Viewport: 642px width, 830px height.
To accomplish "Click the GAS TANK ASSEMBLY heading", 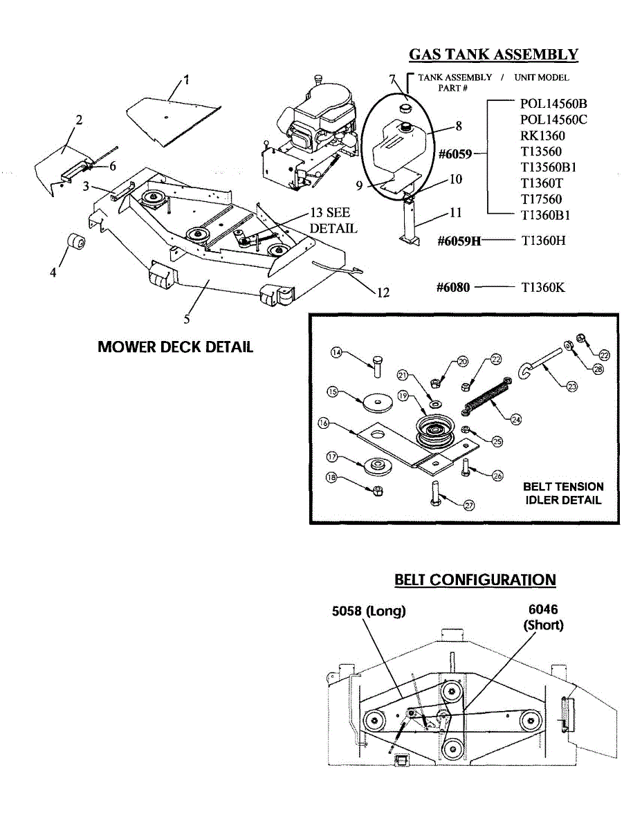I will click(493, 55).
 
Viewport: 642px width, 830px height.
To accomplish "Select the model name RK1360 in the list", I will click(542, 136).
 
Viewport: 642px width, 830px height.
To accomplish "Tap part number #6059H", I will click(459, 241).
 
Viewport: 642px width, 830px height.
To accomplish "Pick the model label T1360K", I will click(542, 287).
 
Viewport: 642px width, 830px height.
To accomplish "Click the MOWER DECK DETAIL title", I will click(176, 347).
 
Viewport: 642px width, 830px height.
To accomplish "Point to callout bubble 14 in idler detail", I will click(336, 353).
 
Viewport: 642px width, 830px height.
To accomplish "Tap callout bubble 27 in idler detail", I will click(469, 505).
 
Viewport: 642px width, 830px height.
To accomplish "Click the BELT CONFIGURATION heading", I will click(475, 580).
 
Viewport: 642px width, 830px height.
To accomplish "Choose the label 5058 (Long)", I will click(369, 611).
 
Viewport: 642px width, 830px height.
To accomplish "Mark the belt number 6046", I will click(543, 609).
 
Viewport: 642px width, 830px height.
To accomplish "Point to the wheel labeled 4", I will click(76, 243).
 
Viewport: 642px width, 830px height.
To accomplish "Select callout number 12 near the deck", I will click(383, 293).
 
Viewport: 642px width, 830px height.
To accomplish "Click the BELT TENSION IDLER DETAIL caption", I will click(563, 493).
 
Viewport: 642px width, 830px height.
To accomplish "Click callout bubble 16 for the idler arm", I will click(322, 423).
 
